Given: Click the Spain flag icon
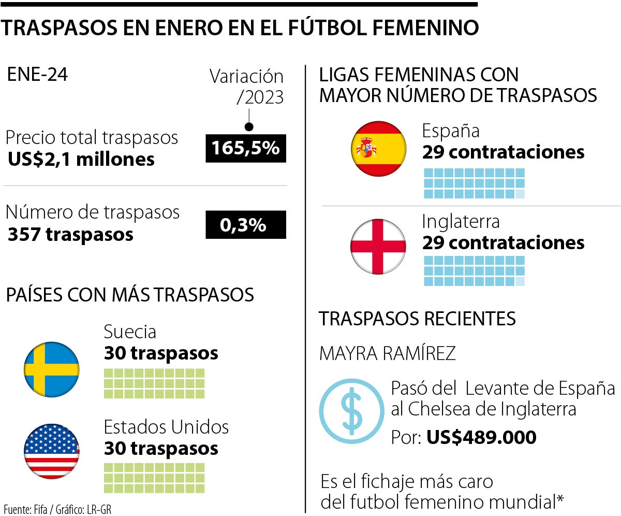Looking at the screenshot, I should pyautogui.click(x=377, y=149).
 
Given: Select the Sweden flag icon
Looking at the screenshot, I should pyautogui.click(x=52, y=369).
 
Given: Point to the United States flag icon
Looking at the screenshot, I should pyautogui.click(x=52, y=450).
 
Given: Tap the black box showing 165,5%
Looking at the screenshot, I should pyautogui.click(x=246, y=148).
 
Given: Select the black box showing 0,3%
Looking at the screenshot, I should pyautogui.click(x=246, y=225).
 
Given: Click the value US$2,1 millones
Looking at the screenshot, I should pyautogui.click(x=81, y=159).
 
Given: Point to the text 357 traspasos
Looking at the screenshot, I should pyautogui.click(x=70, y=234).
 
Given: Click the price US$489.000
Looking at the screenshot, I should pyautogui.click(x=481, y=438).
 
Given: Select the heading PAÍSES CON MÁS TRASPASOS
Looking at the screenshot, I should pyautogui.click(x=130, y=295).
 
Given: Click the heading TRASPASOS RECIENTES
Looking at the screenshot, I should pyautogui.click(x=417, y=319).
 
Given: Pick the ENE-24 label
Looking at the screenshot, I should pyautogui.click(x=37, y=76).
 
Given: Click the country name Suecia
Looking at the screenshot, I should pyautogui.click(x=130, y=332).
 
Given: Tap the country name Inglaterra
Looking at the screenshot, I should pyautogui.click(x=461, y=221).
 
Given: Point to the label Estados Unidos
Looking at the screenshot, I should pyautogui.click(x=166, y=427).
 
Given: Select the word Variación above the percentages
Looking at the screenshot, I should pyautogui.click(x=247, y=77).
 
